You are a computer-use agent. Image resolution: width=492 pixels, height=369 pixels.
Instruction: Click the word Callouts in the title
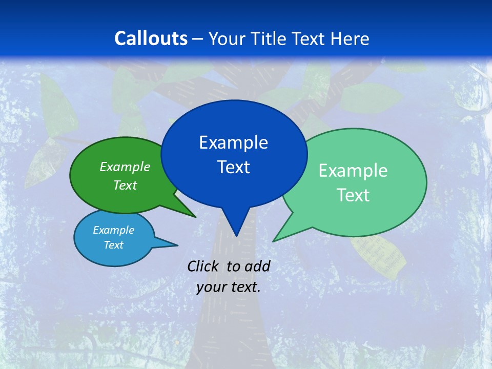[x=151, y=38]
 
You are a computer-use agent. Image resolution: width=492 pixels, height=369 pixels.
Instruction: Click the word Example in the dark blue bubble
[x=233, y=142]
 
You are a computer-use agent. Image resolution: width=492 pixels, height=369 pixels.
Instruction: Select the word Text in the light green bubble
[x=353, y=195]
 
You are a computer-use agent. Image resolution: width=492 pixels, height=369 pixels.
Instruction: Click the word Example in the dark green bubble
[x=125, y=167]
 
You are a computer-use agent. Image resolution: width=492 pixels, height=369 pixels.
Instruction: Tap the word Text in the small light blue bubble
[x=113, y=245]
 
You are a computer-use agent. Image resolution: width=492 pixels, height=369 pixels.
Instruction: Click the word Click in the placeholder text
[x=204, y=266]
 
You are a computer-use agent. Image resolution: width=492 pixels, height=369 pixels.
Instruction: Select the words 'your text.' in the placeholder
[x=229, y=287]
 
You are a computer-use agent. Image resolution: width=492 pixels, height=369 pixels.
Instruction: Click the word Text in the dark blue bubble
[x=233, y=167]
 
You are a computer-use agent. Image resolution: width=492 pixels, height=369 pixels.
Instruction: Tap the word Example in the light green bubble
[x=353, y=171]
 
